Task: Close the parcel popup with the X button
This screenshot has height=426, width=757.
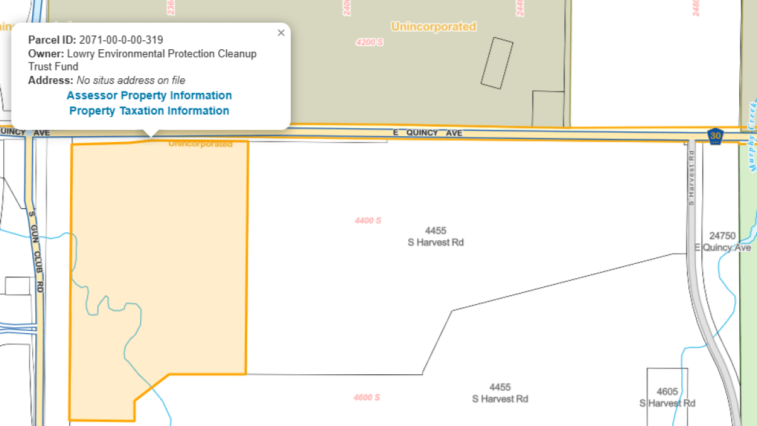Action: (x=281, y=33)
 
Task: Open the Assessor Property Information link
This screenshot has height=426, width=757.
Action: (x=149, y=95)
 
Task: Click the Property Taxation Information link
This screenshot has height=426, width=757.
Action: (x=149, y=110)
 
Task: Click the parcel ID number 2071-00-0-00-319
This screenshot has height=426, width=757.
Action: (x=121, y=40)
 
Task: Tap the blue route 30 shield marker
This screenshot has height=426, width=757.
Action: (x=715, y=135)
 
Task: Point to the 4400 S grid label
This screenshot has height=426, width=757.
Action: (x=368, y=220)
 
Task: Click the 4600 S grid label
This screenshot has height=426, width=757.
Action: (x=367, y=397)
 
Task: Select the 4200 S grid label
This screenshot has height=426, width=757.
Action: (x=369, y=42)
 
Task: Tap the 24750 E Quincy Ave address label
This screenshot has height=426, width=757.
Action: (x=722, y=242)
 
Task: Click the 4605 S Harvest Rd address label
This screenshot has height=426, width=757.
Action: (x=667, y=397)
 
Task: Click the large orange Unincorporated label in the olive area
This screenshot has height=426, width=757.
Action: (x=433, y=27)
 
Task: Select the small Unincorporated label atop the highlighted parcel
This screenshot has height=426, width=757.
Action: (x=201, y=145)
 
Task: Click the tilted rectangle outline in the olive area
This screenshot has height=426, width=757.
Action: (x=496, y=62)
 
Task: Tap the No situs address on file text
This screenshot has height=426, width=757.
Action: (x=131, y=80)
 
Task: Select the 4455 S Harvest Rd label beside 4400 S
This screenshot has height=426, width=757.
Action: (x=435, y=237)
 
